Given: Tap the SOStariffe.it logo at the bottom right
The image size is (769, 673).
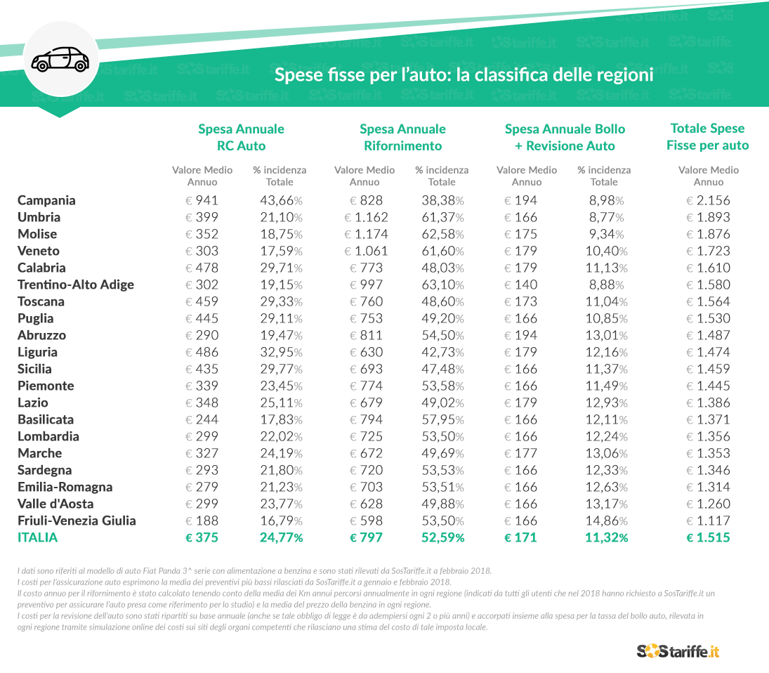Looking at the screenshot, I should point(678,651).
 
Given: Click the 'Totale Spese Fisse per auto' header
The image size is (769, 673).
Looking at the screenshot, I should point(707,136).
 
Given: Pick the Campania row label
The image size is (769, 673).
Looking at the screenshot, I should point(46,200).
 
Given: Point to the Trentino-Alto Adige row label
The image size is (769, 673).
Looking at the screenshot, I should point(75,285).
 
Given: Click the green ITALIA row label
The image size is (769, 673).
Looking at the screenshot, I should point(37,537).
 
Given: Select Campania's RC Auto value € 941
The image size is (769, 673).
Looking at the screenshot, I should point(202,200).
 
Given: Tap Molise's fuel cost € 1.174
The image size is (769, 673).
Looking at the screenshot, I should point(365,234).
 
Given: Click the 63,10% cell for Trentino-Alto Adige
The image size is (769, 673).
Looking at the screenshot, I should point(442,285).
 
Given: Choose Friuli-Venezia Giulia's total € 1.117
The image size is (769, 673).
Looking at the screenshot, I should point(708,521).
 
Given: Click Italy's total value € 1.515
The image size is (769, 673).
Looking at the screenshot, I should point(708,537).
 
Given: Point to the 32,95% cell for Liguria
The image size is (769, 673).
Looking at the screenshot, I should point(281,352).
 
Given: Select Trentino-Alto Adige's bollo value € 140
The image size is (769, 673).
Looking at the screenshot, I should point(520,285).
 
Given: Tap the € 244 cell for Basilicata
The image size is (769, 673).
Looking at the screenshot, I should point(202,419).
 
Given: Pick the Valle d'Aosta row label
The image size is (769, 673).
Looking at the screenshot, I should point(55,504).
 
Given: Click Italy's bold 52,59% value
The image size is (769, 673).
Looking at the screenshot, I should point(442,537).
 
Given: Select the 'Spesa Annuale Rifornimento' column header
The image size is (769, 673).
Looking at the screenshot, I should point(402,137).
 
